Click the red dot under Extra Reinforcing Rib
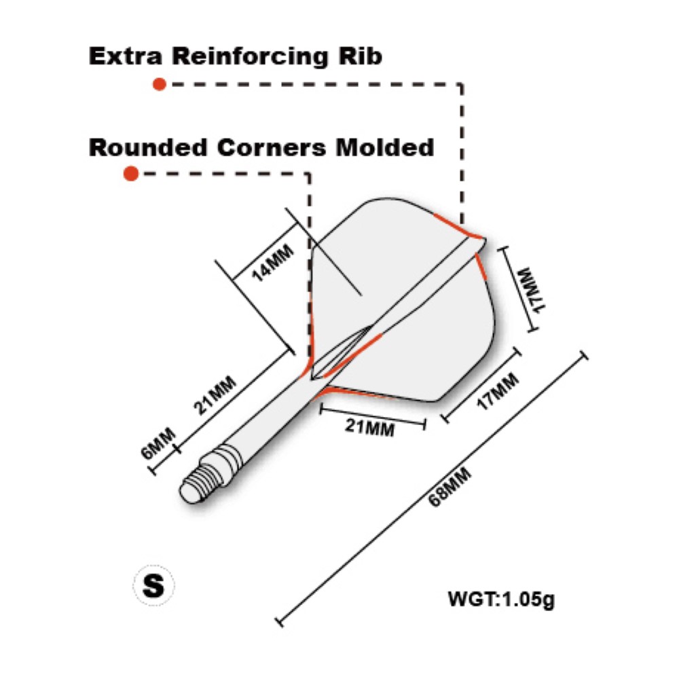(x=160, y=84)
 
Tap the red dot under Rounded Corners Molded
(x=131, y=174)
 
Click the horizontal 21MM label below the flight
(x=370, y=428)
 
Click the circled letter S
(x=154, y=585)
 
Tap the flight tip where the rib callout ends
(x=481, y=240)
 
